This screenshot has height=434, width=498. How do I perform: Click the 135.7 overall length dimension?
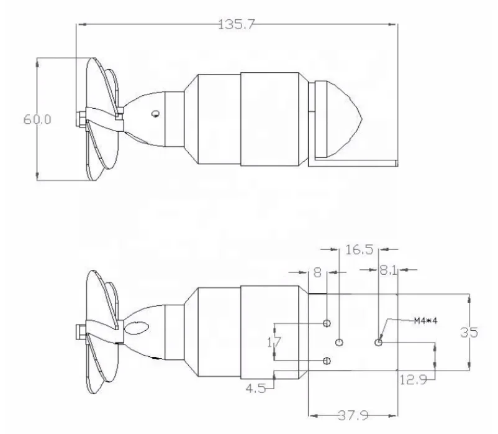click(x=237, y=24)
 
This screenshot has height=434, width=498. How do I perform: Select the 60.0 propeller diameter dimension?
click(x=37, y=119)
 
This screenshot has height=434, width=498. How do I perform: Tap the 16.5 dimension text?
click(x=359, y=249)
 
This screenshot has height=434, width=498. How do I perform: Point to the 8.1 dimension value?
click(x=388, y=270)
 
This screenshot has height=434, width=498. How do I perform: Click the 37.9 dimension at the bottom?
click(x=353, y=415)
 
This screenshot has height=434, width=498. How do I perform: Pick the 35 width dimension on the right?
click(x=469, y=333)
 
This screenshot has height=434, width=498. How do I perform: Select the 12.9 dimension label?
click(x=413, y=380)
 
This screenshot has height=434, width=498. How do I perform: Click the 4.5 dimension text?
click(x=256, y=388)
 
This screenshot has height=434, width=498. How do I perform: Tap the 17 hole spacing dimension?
click(x=274, y=342)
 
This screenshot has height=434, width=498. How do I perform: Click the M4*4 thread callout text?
click(x=425, y=321)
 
